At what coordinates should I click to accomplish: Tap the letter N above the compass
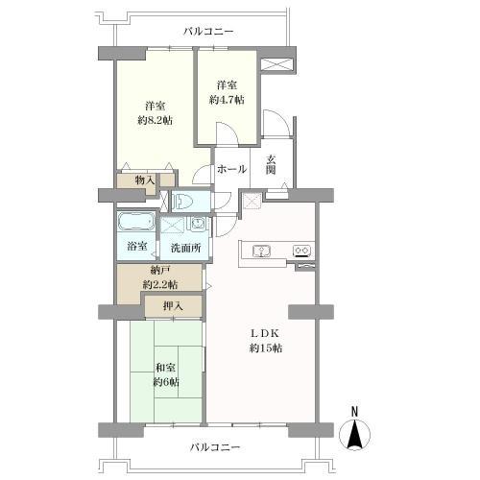354,413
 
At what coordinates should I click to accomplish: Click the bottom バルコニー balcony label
215,447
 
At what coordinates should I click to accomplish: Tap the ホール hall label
231,169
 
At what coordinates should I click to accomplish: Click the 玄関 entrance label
272,164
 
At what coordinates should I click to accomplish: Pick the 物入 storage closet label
145,180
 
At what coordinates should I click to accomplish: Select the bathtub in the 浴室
135,223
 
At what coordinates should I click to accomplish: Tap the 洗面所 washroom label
183,248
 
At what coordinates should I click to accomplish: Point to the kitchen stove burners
301,252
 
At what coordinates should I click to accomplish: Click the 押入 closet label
173,307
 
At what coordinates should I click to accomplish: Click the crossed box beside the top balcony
278,65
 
